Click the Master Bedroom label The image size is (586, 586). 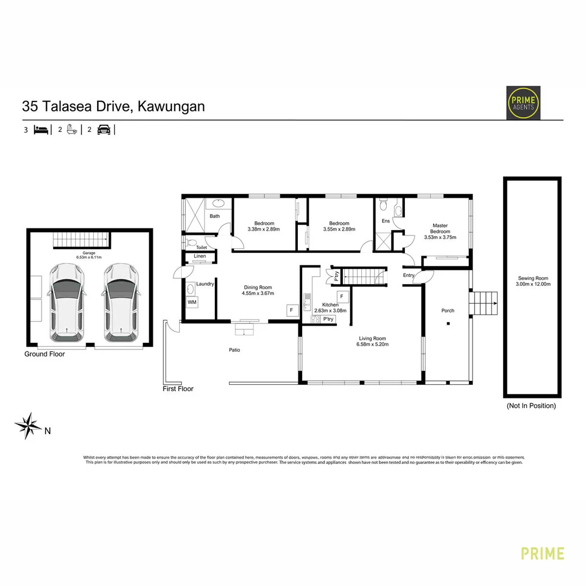click(x=440, y=228)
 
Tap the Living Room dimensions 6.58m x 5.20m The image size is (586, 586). click(x=372, y=344)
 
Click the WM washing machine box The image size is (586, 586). click(x=192, y=302)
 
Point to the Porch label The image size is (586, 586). click(x=448, y=310)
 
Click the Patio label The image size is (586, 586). click(x=234, y=350)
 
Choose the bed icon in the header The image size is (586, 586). click(x=41, y=130)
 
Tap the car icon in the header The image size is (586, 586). click(x=104, y=130)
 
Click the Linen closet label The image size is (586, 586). click(x=200, y=256)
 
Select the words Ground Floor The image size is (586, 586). click(x=44, y=354)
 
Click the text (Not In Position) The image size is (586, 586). click(x=531, y=405)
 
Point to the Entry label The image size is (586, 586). click(x=409, y=275)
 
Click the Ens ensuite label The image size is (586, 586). click(x=386, y=221)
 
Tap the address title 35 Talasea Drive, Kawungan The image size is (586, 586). click(x=113, y=106)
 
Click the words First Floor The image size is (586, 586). click(x=178, y=388)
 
